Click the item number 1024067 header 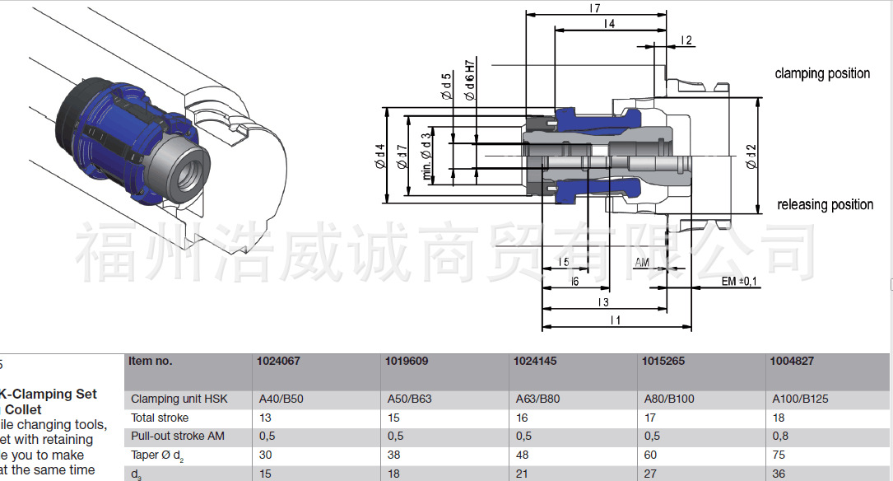coord(278,361)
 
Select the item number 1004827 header coord(791,361)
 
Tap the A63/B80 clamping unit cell coord(537,399)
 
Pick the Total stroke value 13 coord(265,418)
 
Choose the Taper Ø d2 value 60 coord(650,455)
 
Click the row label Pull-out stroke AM coord(178,436)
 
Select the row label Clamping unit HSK coord(179,399)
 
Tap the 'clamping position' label coord(821,73)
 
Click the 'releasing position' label coord(825,204)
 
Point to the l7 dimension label coord(594,8)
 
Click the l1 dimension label coord(615,320)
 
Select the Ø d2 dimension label coord(751,156)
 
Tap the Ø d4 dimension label coord(379,156)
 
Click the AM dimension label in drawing coord(642,263)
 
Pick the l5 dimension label coord(564,262)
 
